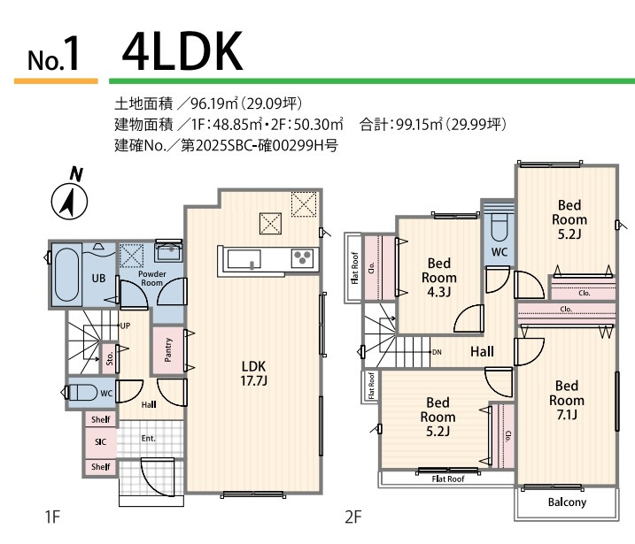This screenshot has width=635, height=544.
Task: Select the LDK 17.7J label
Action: tap(254, 373)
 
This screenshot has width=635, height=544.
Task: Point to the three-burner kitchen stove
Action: tap(302, 258)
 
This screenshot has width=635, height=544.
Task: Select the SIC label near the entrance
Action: tap(99, 441)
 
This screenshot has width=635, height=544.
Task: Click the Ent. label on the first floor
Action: tap(148, 437)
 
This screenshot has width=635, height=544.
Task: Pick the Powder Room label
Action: tap(151, 279)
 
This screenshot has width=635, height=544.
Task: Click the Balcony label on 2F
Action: tap(567, 502)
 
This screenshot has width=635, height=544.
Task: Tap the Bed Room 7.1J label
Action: tap(567, 400)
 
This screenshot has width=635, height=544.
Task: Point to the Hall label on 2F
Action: tap(482, 352)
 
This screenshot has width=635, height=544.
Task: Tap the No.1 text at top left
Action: tap(54, 57)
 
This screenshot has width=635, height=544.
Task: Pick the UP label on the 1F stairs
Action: tap(125, 325)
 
